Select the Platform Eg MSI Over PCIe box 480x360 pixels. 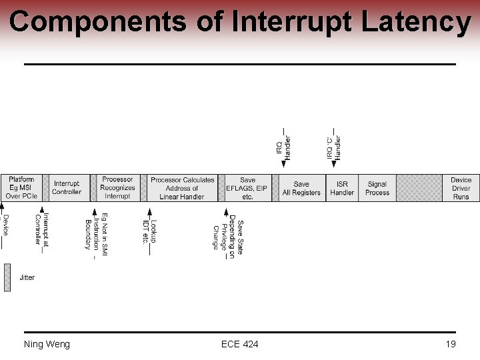(x=21, y=188)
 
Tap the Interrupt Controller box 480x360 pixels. (x=67, y=188)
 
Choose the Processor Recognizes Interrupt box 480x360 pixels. (x=117, y=188)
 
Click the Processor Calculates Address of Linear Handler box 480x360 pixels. (x=183, y=188)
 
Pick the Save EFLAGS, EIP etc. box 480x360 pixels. (x=247, y=188)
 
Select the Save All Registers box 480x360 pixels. (x=301, y=188)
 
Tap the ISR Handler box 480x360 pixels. (x=342, y=188)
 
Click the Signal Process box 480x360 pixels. (x=377, y=188)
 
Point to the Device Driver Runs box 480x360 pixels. (x=461, y=188)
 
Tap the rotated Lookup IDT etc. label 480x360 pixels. (x=150, y=231)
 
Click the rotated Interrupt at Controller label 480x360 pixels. (x=41, y=229)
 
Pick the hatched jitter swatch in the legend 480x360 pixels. (x=7, y=277)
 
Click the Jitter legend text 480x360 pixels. (x=27, y=277)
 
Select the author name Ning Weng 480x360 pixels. (x=47, y=344)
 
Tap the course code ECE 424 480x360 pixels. (x=240, y=344)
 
